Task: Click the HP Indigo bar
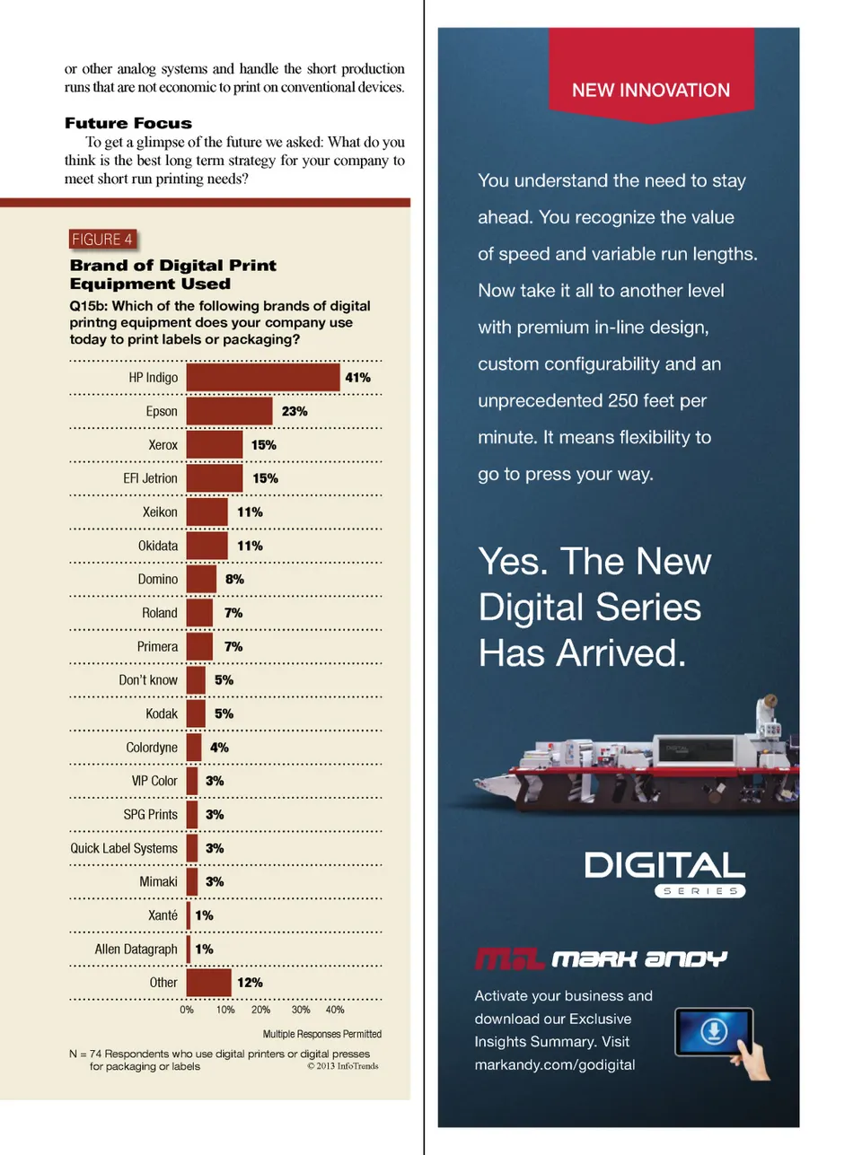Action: pyautogui.click(x=263, y=378)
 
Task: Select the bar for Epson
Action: pyautogui.click(x=229, y=411)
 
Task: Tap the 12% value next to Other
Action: pyautogui.click(x=250, y=983)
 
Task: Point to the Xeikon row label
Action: pyautogui.click(x=160, y=512)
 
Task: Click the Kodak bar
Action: pyautogui.click(x=196, y=713)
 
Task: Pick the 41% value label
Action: pyautogui.click(x=357, y=378)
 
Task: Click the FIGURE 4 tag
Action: pyautogui.click(x=101, y=240)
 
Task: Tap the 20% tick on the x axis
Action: pyautogui.click(x=260, y=1010)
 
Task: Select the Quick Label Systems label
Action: pyautogui.click(x=124, y=848)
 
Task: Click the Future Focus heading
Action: pyautogui.click(x=128, y=123)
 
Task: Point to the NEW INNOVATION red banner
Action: pyautogui.click(x=651, y=90)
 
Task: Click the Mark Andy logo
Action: pyautogui.click(x=601, y=959)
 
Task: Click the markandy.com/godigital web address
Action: pyautogui.click(x=555, y=1065)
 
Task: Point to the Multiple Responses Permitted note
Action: pyautogui.click(x=321, y=1034)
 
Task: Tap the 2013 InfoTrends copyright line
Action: pyautogui.click(x=343, y=1066)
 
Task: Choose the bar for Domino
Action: pyautogui.click(x=201, y=579)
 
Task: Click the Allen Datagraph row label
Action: pyautogui.click(x=136, y=949)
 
